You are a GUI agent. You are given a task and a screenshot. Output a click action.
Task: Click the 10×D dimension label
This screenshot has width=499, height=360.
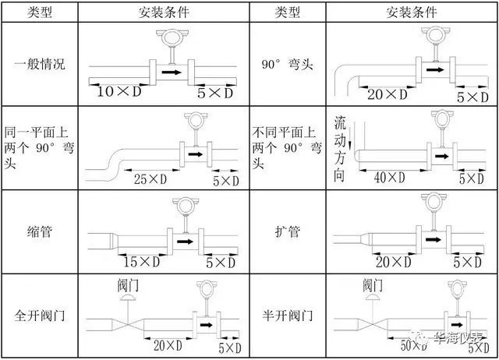pos(119,92)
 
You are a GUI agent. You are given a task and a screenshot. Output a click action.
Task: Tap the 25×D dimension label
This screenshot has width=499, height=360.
pos(150,179)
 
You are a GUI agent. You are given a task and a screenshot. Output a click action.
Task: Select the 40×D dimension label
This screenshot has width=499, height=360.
pos(390,178)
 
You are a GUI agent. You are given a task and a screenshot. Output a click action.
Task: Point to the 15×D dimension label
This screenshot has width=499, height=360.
pos(142,262)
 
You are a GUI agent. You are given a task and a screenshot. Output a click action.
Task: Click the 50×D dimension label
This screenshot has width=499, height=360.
pos(414,345)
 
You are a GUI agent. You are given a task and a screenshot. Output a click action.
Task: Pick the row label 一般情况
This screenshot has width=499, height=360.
pos(40,64)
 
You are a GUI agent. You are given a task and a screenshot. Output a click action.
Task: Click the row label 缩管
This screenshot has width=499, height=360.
pos(40,231)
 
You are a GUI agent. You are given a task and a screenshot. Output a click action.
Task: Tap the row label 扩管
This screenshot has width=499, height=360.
pos(288,231)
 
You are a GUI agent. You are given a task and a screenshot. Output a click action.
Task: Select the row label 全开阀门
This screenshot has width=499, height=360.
pos(40,316)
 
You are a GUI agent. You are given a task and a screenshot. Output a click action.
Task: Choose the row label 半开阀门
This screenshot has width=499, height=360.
pos(288,316)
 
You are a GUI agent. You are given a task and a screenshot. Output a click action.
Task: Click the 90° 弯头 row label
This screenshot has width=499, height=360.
pos(288,64)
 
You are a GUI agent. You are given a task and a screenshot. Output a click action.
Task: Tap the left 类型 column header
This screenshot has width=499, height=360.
pos(40,12)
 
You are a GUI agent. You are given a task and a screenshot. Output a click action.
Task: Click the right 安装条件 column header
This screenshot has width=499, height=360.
pos(412,12)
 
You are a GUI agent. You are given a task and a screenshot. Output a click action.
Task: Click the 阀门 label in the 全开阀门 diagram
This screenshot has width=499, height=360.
pos(128,285)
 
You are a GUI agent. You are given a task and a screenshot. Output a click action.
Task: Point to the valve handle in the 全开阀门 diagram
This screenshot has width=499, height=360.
pos(128,298)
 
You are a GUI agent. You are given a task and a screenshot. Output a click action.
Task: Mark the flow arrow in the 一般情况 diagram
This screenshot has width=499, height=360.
pos(172,72)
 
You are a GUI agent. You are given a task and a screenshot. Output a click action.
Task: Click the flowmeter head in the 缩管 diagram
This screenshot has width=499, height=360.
pos(186,206)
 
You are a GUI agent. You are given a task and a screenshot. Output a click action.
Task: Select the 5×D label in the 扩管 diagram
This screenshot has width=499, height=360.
pos(468,262)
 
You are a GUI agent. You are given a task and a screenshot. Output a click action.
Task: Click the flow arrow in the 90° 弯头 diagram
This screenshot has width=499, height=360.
pos(435,69)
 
